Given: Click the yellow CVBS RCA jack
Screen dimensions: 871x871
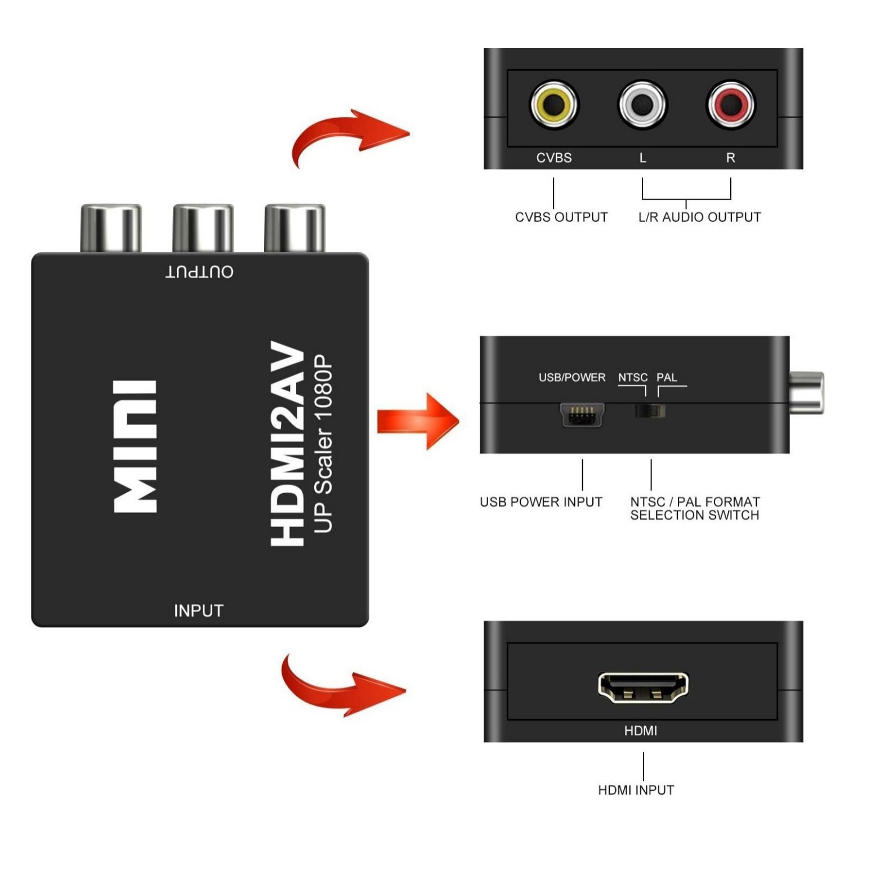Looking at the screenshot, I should coord(554,104).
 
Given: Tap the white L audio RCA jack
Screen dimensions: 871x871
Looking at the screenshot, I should coord(642,104).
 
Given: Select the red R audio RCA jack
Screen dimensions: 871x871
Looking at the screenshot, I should coord(730,104).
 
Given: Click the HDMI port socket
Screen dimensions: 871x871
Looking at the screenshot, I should coord(642,687).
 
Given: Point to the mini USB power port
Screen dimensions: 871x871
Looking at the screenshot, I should coord(582,416).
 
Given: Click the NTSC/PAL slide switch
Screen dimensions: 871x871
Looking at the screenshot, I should coord(650,410).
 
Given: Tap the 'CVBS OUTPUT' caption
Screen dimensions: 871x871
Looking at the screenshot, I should coord(561,217).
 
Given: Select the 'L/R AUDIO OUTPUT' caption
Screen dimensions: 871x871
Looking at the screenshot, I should coord(699,217).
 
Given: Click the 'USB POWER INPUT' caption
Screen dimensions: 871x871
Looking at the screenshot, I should coord(541,502).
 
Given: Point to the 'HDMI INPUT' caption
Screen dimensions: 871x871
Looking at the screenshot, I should coord(636,790).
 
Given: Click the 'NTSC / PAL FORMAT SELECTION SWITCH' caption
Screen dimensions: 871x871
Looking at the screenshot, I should coord(695,508).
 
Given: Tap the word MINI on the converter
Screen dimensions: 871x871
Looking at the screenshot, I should coord(135,446).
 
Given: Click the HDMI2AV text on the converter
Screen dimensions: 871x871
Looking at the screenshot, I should coord(288,443).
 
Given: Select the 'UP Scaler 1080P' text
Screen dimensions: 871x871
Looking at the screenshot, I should coord(323,443).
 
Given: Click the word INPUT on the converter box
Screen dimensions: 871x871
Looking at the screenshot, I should coord(198,611).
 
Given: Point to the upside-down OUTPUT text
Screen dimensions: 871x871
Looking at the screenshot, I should coord(199,272).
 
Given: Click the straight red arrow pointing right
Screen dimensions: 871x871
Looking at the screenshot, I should coord(417,421).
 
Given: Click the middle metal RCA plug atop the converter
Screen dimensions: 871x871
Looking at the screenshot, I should coord(203,227).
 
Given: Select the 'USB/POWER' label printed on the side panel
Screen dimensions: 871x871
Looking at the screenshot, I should coord(572,377).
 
